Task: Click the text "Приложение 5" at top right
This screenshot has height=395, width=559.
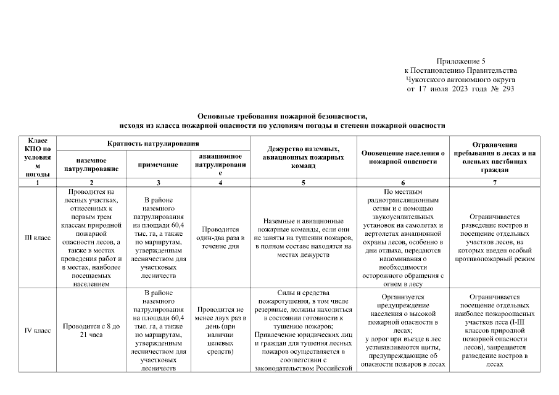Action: coord(462,61)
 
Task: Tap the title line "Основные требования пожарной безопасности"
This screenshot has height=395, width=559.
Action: coord(282,115)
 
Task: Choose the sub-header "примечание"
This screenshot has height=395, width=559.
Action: coord(159,164)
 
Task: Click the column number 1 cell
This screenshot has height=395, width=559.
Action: coord(38,183)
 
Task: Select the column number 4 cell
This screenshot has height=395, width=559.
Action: coord(220,183)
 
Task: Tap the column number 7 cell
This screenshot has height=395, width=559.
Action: coord(494,183)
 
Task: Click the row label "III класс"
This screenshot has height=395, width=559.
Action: coord(38,238)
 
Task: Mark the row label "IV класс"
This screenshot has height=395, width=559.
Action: coord(38,330)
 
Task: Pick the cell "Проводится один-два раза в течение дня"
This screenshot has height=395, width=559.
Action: coord(220,238)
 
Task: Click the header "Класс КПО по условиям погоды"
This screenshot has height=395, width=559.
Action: coord(38,157)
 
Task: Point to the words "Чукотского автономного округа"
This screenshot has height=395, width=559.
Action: coord(461,80)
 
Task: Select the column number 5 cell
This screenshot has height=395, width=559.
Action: coord(303,183)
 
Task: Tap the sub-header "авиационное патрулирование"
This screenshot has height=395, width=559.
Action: coord(220,165)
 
